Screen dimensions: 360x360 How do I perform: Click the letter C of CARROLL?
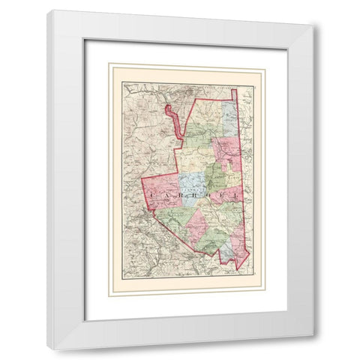coord(151,194)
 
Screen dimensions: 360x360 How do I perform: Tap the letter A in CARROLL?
coord(169,194)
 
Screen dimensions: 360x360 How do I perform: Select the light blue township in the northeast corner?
coord(230,120)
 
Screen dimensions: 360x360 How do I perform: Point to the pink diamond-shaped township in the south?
coord(198,225)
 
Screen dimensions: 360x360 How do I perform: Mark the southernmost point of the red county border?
coord(236,271)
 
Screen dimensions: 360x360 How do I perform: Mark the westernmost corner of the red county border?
coord(142,180)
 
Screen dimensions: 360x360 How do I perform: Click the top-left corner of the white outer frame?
coord(48,10)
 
